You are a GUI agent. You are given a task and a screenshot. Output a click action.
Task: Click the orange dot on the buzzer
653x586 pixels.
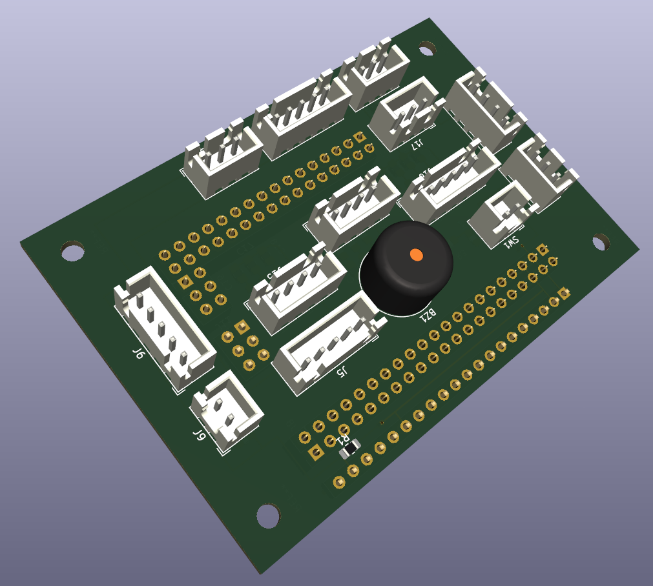(416, 255)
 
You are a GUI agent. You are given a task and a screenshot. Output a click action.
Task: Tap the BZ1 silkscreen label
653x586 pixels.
(428, 315)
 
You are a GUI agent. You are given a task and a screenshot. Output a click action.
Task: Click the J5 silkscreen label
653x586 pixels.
(342, 371)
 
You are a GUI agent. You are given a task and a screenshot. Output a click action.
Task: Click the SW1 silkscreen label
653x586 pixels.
(511, 243)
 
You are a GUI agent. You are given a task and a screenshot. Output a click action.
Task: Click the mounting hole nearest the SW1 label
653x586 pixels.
(601, 242)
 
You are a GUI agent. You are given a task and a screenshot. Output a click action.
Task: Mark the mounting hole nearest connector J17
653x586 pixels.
(427, 48)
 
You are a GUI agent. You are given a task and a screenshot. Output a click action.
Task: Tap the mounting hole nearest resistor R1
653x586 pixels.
(269, 515)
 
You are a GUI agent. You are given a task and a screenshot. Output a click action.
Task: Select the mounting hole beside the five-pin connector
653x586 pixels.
(72, 250)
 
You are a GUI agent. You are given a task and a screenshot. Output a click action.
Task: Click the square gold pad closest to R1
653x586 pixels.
(316, 453)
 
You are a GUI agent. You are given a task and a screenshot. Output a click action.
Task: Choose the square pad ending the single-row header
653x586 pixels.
(565, 294)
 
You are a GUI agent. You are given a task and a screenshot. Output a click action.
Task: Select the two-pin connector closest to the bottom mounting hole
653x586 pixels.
(226, 412)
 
